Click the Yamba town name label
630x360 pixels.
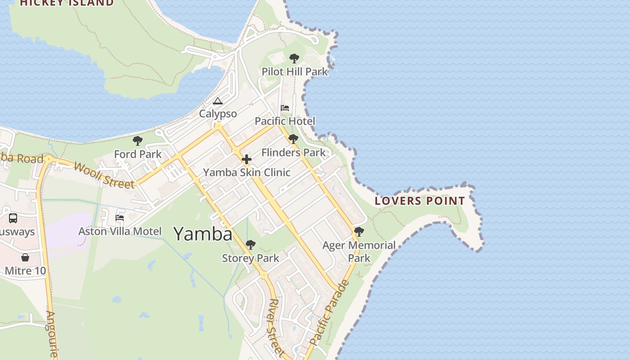203,234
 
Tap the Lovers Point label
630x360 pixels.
420,201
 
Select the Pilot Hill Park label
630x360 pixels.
295,72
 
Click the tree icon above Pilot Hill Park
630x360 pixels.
294,58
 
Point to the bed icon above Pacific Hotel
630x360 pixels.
285,108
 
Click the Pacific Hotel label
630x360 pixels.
285,121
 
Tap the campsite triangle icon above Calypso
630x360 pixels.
218,101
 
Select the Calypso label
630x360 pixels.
218,114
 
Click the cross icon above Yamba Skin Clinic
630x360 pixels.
247,159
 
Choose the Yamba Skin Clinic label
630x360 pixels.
247,172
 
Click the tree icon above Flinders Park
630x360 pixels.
293,139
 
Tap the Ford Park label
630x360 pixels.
138,154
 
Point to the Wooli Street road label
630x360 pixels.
103,175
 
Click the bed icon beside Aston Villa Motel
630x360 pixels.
120,218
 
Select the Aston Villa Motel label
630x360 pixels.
120,231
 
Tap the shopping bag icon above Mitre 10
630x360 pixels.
25,257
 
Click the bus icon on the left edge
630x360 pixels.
13,218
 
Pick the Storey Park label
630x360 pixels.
251,258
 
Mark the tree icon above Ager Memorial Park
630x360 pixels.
359,232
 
